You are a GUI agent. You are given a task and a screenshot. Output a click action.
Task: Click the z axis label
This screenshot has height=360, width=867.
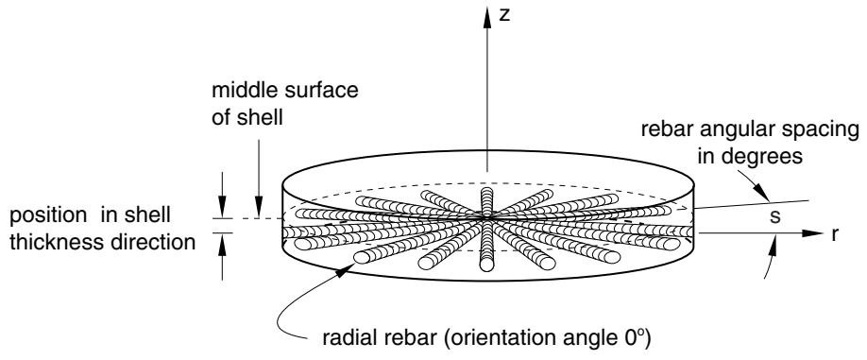click(x=503, y=15)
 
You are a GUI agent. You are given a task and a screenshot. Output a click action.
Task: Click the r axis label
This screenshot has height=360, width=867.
click(x=835, y=234)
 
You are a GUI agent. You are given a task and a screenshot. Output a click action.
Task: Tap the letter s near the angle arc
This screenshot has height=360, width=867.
click(x=775, y=216)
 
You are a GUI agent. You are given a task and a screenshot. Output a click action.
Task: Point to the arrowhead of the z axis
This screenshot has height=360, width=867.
click(x=487, y=18)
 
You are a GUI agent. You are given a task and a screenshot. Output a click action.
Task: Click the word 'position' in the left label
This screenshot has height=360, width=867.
click(x=48, y=215)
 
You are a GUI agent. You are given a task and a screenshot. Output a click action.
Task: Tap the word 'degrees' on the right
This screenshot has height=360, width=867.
click(x=750, y=157)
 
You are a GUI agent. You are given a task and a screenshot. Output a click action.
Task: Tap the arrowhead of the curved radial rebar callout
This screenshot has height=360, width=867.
click(x=347, y=268)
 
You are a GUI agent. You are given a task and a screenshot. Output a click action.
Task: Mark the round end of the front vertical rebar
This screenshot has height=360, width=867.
click(x=486, y=265)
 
